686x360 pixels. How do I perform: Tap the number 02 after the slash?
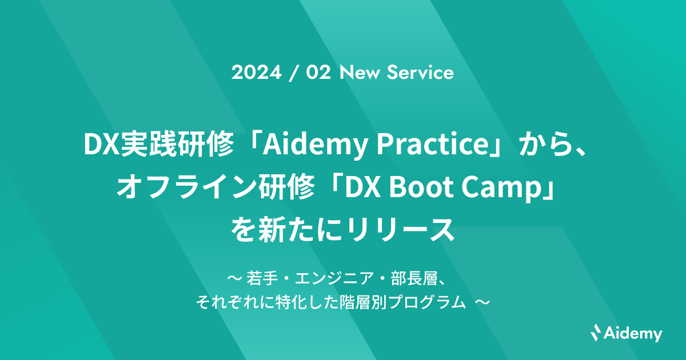coord(318,73)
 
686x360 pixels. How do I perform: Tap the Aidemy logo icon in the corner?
coord(596,331)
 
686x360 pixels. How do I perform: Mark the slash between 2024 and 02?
coord(293,73)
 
